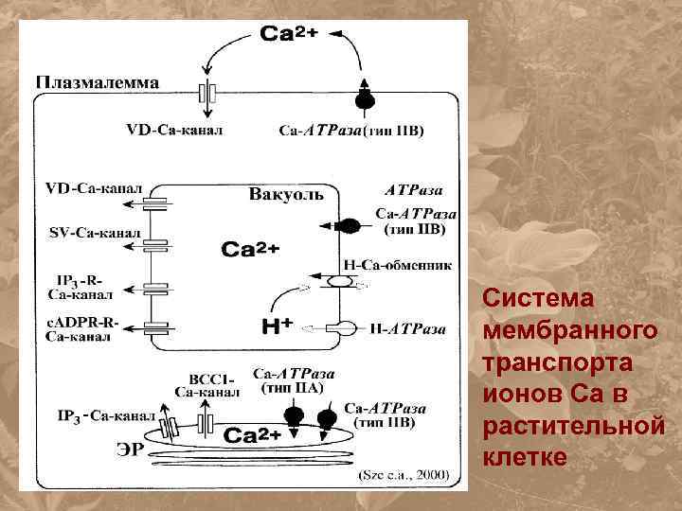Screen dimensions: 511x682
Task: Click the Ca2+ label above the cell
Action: (x=290, y=35)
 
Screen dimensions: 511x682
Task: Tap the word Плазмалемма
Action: (x=98, y=81)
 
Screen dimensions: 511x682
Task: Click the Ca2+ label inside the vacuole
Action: (x=250, y=250)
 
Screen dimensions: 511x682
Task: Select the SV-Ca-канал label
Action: (x=94, y=232)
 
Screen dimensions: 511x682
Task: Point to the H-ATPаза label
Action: (x=406, y=329)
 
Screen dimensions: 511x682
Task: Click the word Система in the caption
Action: (x=538, y=298)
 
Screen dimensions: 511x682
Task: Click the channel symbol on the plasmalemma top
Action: (x=207, y=95)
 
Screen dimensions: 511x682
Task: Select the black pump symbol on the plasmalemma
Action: (x=364, y=98)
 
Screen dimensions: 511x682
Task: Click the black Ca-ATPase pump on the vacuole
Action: (x=348, y=225)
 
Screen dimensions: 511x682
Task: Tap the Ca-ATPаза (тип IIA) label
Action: (x=293, y=380)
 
